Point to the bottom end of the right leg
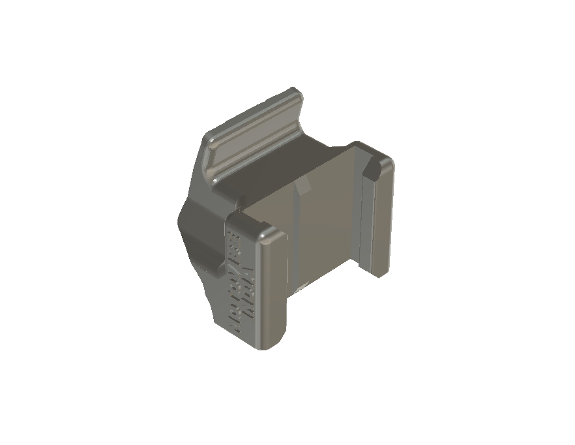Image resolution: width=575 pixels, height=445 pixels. click(x=380, y=272)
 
